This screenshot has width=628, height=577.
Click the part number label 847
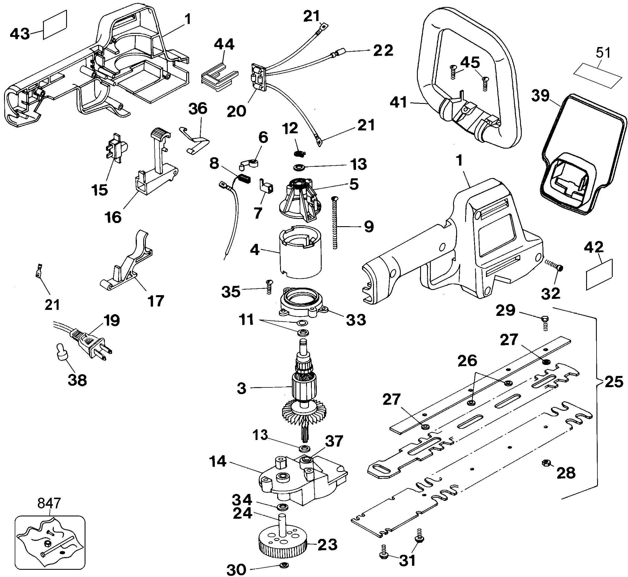pos(49,503)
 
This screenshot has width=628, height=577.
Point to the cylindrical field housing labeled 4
pos(300,253)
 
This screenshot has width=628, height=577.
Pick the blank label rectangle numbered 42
pos(599,274)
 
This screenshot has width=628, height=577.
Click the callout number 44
pos(224,44)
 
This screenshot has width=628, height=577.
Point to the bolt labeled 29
pos(545,322)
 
